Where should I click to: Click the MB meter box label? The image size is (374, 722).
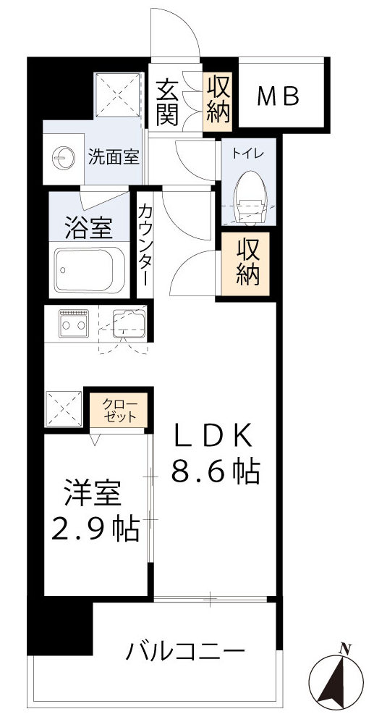point(279,96)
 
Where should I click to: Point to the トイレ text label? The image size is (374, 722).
point(248,154)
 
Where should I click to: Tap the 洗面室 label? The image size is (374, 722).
point(114,156)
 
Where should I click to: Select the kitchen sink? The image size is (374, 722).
point(128,322)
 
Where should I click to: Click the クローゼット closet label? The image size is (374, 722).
point(117,410)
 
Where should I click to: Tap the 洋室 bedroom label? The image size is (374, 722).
point(91,496)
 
